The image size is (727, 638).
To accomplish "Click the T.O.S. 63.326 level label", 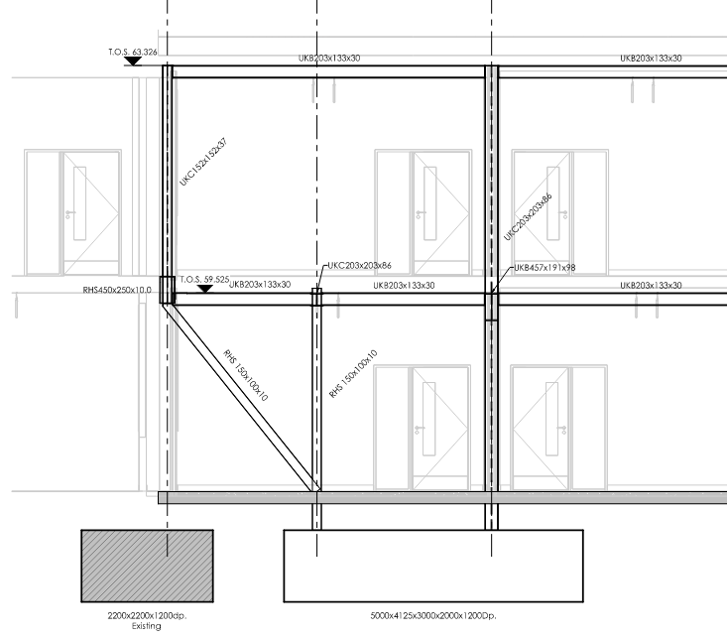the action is tap(133, 52).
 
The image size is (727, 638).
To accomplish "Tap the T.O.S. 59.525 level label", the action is tap(204, 280).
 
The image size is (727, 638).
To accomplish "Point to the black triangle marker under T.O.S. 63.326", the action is tap(133, 62).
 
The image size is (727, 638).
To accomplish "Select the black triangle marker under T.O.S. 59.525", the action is tap(204, 289).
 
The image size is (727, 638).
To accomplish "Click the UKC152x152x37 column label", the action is tap(203, 162).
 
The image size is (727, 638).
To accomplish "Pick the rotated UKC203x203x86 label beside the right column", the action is tap(528, 217).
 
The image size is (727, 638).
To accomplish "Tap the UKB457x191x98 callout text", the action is tap(545, 268).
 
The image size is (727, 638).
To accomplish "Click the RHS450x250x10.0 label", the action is tap(117, 290).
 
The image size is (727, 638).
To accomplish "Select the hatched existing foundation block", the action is tap(148, 566).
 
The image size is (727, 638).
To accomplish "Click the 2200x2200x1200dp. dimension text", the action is tap(147, 616).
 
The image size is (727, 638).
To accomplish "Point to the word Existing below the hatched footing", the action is tap(147, 626).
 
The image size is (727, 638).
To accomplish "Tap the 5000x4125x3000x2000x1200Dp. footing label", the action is tap(433, 616).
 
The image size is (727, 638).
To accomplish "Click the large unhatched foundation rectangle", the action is tap(433, 566).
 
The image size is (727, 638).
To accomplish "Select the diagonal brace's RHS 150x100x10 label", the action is tap(245, 375).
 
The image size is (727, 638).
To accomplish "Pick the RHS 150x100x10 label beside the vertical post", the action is tap(353, 374).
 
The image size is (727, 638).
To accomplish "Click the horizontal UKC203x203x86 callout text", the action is tap(359, 265).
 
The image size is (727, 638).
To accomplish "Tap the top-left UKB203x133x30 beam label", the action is tap(329, 58).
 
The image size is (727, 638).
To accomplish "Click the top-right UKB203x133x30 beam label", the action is tap(651, 58).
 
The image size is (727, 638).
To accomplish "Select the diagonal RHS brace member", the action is tap(242, 397).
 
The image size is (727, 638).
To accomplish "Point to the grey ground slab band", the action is tap(442, 498).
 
